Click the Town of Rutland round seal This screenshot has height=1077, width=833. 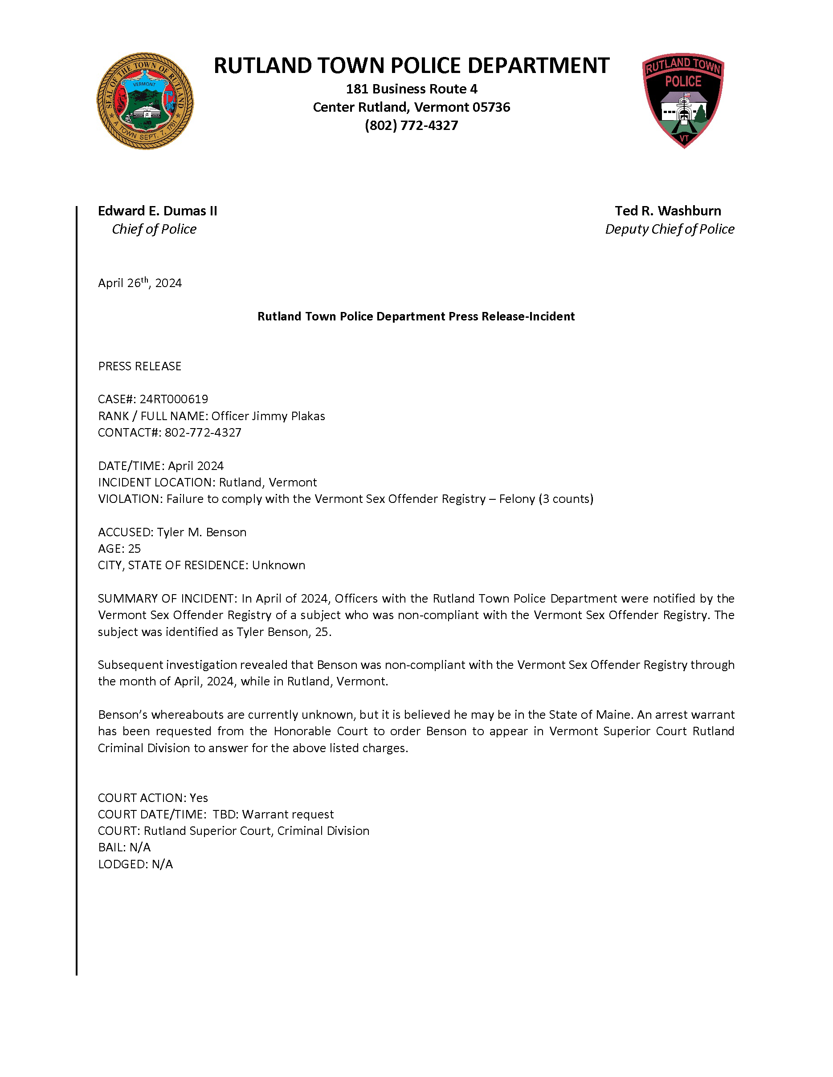(145, 101)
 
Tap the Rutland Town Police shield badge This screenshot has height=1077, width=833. (683, 100)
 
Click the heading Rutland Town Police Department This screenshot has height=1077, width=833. (411, 65)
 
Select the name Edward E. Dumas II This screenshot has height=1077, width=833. (157, 211)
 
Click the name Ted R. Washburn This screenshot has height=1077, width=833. (668, 211)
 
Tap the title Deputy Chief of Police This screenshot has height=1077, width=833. (669, 229)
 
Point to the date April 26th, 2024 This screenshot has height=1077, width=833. (140, 283)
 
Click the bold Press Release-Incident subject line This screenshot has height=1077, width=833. (416, 316)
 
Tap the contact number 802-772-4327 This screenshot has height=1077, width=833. (203, 433)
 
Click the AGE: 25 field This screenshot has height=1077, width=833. (119, 548)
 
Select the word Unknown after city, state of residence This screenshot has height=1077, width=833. (278, 565)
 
